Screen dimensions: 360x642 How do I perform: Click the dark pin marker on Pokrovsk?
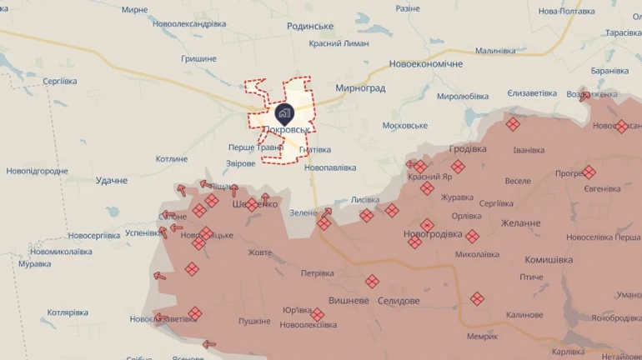coord(283,113)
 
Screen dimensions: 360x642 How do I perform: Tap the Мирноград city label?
coord(359,87)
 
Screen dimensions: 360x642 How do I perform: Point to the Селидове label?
coord(399,300)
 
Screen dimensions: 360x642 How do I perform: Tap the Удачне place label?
coord(112,180)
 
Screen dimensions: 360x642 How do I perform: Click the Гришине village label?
coord(198,58)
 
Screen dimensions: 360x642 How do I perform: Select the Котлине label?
coord(172,158)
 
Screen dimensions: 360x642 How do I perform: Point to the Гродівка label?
coord(468,148)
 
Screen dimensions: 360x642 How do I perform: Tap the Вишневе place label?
coord(349,300)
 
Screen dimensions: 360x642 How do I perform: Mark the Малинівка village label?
coord(496,51)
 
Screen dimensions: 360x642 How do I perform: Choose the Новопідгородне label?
coord(37,171)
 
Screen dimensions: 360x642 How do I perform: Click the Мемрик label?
coord(482,337)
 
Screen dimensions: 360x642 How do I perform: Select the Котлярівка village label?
coord(68,312)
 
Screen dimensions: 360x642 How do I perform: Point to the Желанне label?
coord(520,223)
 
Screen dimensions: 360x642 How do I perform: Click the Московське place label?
coord(404,125)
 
